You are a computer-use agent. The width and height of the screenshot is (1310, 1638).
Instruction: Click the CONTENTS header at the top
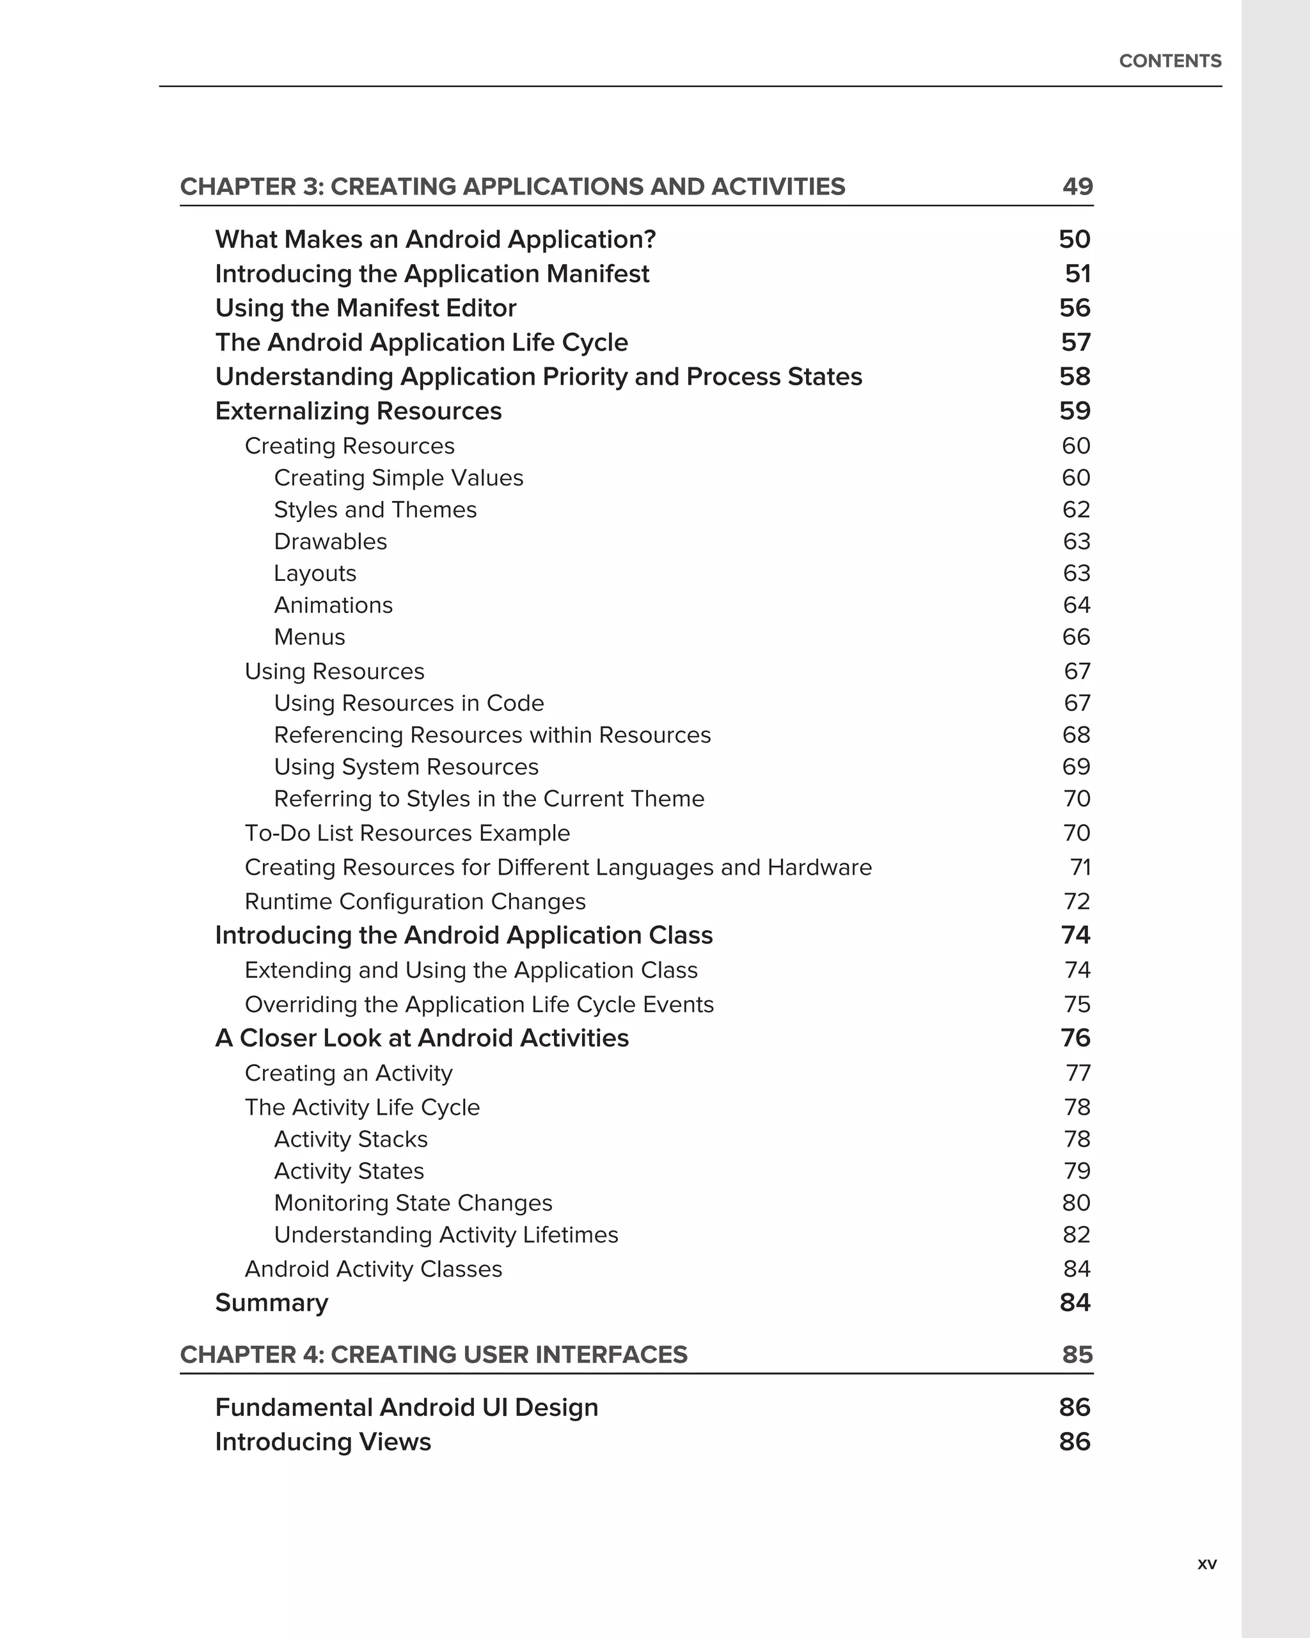[x=1169, y=61]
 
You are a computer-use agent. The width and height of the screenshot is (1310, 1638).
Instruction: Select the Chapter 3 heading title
[x=512, y=186]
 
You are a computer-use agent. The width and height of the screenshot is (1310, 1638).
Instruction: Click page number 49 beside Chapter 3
[x=1077, y=186]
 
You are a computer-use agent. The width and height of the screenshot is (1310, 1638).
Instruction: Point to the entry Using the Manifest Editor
[x=365, y=308]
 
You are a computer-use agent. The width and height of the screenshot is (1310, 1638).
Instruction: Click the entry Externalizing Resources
[x=358, y=411]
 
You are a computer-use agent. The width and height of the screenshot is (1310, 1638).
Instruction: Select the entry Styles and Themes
[x=375, y=510]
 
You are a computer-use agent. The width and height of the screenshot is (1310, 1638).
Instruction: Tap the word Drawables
[x=330, y=542]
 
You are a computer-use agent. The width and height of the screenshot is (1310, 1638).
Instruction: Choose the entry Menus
[x=309, y=637]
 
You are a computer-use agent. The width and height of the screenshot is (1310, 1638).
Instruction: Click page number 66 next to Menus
[x=1076, y=637]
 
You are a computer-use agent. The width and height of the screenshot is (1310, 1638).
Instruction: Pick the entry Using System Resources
[x=406, y=767]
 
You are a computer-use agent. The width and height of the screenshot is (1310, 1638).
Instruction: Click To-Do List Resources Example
[x=407, y=832]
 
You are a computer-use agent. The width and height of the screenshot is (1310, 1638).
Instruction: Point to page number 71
[x=1080, y=867]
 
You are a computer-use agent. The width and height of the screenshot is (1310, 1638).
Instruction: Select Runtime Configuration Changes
[x=414, y=901]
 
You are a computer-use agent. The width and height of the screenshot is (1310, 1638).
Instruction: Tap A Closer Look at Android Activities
[x=422, y=1038]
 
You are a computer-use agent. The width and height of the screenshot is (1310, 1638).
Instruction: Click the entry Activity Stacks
[x=351, y=1139]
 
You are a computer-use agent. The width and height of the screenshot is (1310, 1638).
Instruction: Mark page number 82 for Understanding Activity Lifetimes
[x=1076, y=1234]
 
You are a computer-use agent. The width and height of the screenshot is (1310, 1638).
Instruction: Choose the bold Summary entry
[x=271, y=1302]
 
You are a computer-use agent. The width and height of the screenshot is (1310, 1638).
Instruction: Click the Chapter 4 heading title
[x=433, y=1355]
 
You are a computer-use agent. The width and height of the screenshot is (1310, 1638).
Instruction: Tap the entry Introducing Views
[x=323, y=1441]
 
